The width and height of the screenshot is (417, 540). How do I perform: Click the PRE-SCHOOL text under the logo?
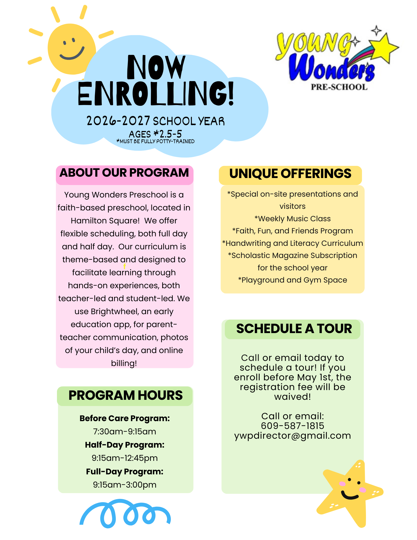click(x=339, y=87)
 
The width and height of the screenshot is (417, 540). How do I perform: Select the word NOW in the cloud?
click(x=156, y=68)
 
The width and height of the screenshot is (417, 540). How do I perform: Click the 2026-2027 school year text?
click(x=155, y=121)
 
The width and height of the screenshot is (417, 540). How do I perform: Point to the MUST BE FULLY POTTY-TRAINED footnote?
click(x=155, y=141)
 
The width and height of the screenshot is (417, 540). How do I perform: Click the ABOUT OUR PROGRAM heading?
click(x=124, y=173)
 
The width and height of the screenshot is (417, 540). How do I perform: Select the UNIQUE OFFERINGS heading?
click(x=290, y=174)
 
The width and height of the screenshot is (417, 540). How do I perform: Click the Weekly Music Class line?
click(x=293, y=219)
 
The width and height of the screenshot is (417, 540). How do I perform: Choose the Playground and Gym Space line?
click(x=293, y=280)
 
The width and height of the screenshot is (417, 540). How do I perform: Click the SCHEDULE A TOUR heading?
click(x=294, y=329)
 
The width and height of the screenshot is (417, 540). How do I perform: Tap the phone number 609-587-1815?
click(x=293, y=426)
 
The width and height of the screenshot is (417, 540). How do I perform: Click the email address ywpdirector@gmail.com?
click(x=293, y=436)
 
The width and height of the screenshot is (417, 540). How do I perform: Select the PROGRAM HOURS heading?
click(x=126, y=395)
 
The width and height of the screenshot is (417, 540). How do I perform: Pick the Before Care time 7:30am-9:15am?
click(x=124, y=431)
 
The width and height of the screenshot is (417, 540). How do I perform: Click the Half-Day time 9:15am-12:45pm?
click(x=124, y=458)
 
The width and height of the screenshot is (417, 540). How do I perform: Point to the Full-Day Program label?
click(x=124, y=471)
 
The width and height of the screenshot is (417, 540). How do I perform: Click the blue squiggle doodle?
click(x=125, y=513)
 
